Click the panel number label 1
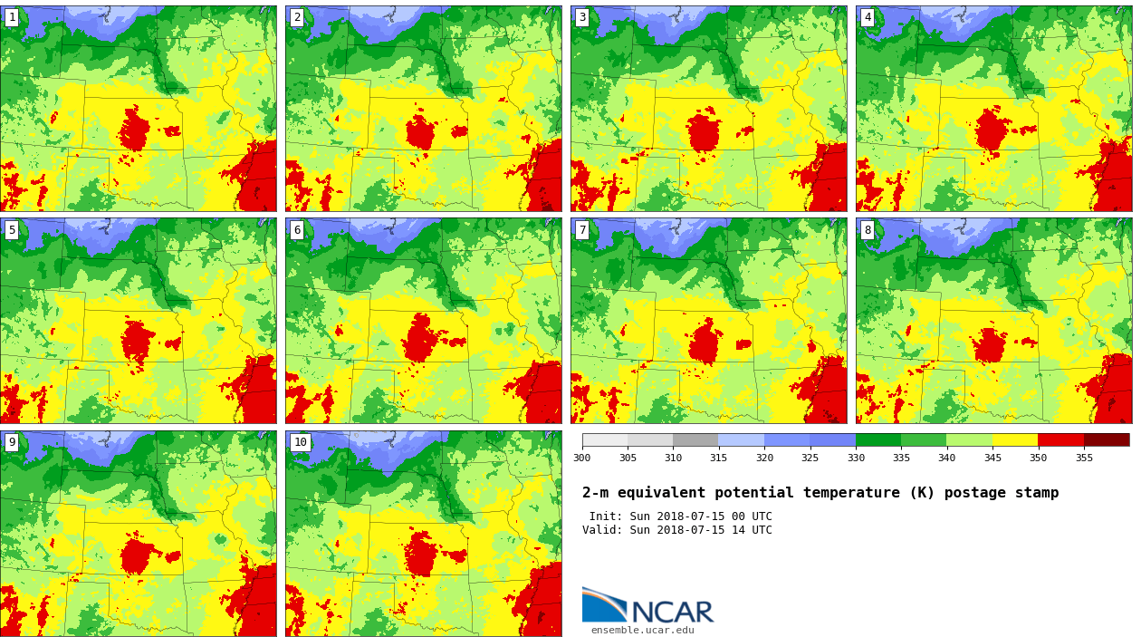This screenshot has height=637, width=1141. tap(12, 17)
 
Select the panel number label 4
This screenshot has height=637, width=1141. tap(868, 17)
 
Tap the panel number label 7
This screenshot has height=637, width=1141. tap(582, 230)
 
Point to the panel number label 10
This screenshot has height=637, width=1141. tap(300, 442)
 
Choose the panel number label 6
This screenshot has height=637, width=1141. tap(297, 230)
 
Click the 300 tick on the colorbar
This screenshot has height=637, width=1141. tap(581, 458)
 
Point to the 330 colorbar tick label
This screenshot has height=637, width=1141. tap(855, 458)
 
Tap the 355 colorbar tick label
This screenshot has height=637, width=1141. tap(1084, 458)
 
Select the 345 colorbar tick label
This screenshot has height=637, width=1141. tap(992, 458)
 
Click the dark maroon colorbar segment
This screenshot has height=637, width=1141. tap(1107, 439)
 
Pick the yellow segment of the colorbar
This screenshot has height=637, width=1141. tap(1015, 439)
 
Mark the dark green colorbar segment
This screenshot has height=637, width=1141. tap(877, 439)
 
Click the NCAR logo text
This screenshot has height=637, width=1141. tap(672, 613)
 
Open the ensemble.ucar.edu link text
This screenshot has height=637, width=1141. tap(642, 630)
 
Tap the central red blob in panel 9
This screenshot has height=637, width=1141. tap(137, 555)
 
